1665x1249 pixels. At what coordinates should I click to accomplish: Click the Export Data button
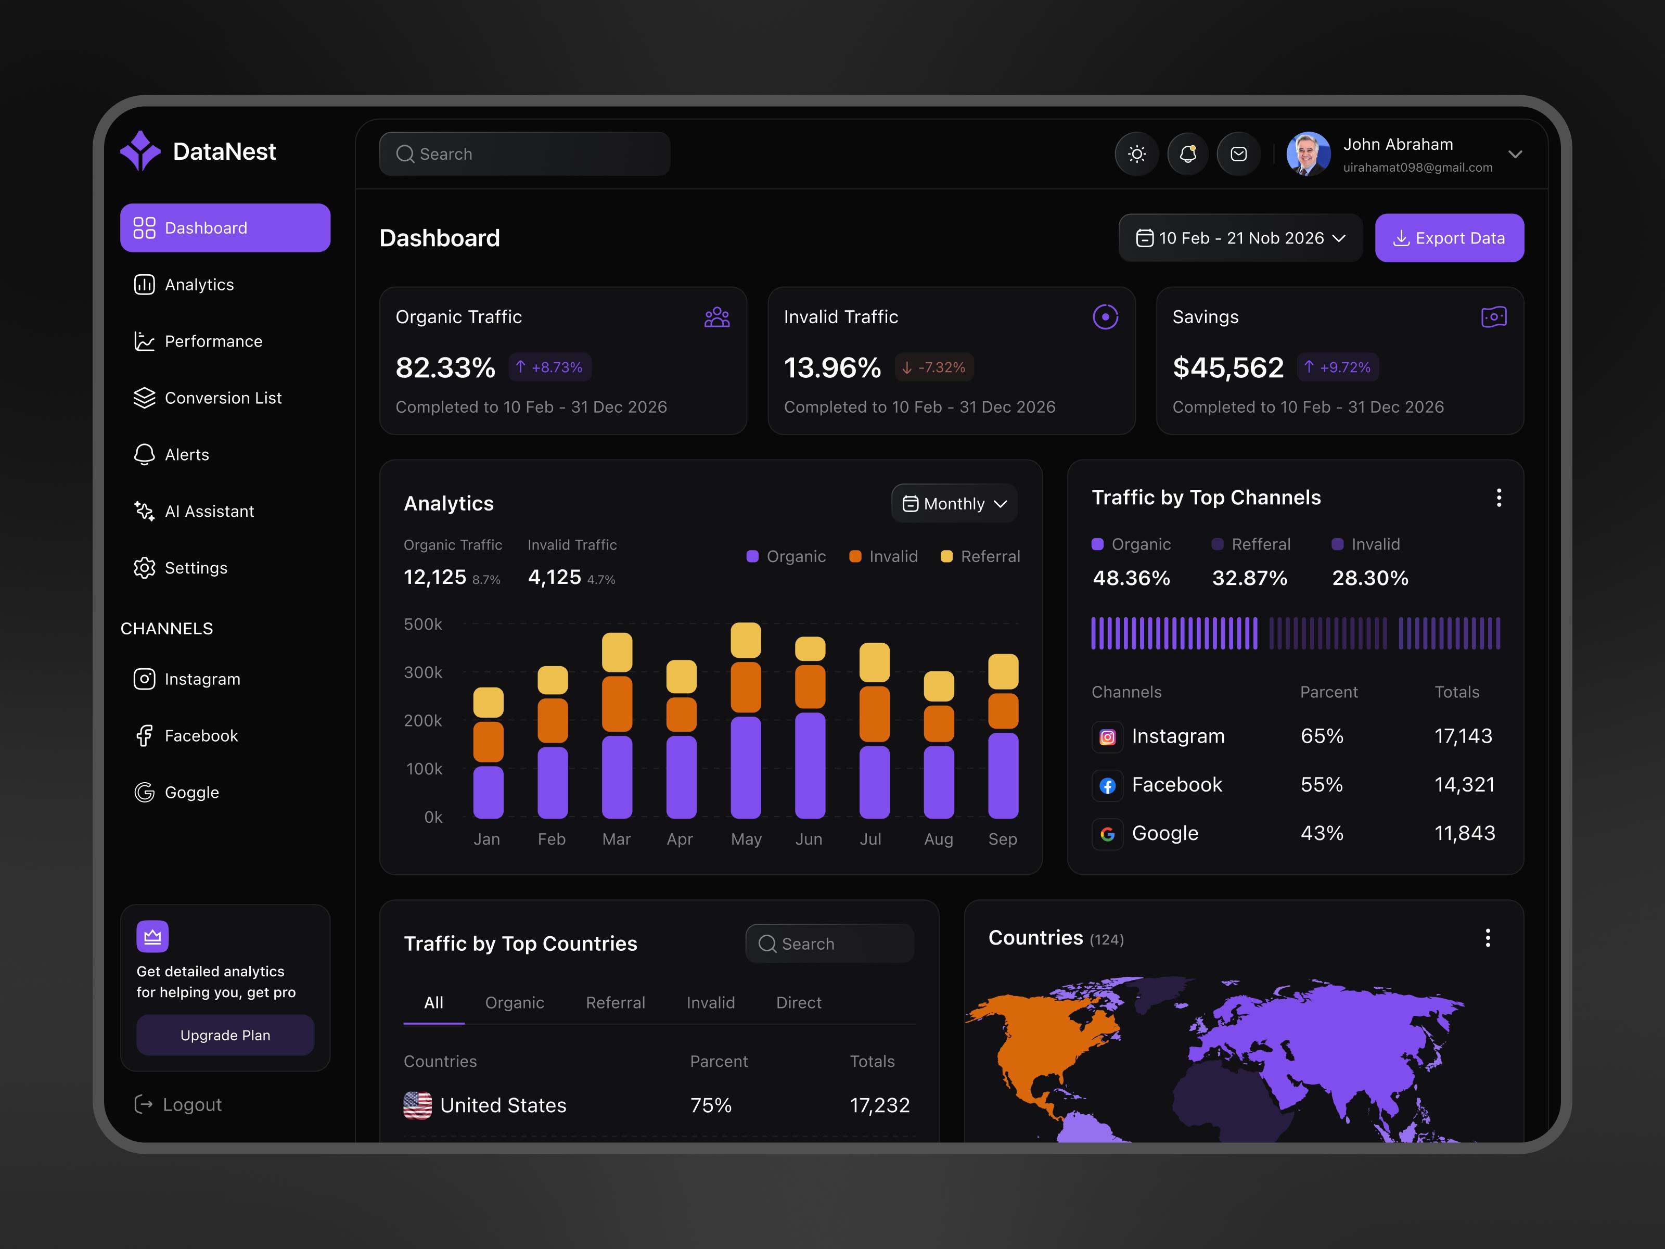click(1449, 238)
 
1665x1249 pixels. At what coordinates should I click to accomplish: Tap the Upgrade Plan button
click(225, 1035)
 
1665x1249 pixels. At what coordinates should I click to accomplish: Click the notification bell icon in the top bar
click(1188, 155)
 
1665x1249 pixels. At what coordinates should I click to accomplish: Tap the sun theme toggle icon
click(1136, 155)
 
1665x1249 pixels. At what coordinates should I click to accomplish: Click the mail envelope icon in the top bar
click(1238, 155)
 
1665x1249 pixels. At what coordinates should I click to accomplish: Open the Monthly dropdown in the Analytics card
click(954, 504)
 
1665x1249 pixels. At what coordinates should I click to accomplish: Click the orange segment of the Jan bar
click(488, 742)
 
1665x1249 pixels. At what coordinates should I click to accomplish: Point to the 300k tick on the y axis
click(423, 672)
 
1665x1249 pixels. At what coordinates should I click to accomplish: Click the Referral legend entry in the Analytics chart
click(981, 556)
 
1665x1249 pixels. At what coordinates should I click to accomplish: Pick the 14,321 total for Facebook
click(1464, 784)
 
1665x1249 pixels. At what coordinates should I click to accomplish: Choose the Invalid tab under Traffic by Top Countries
click(711, 1003)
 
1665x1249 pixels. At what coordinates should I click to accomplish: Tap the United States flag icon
click(418, 1105)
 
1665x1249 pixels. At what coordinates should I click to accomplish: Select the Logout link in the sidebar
click(178, 1104)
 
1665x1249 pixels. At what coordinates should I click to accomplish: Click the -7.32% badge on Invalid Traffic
click(934, 367)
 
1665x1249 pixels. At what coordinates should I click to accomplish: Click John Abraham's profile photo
click(1308, 155)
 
